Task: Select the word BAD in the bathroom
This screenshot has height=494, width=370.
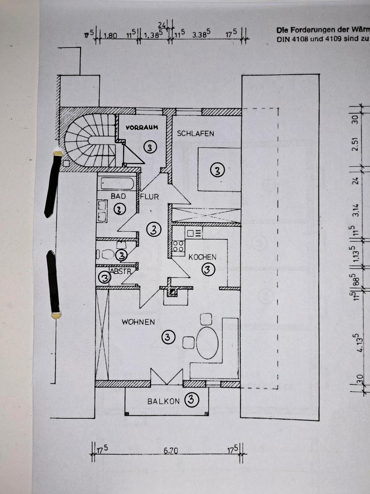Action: click(115, 196)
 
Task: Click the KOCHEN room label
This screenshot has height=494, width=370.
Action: click(202, 257)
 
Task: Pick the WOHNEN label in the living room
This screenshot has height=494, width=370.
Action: click(138, 322)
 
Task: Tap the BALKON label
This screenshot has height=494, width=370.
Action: click(165, 400)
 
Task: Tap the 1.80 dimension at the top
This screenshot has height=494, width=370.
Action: click(110, 36)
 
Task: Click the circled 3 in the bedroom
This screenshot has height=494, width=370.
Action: click(217, 171)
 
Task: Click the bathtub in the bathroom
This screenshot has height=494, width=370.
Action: click(117, 183)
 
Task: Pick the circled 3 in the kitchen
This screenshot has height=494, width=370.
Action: click(208, 269)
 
